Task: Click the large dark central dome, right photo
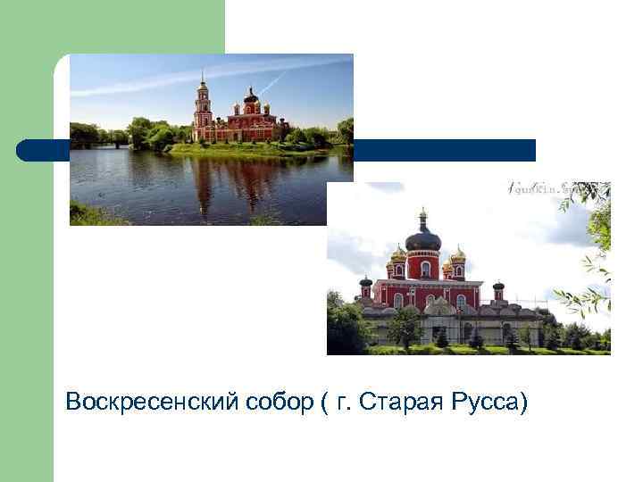[x=422, y=237]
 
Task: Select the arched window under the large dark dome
[x=426, y=268]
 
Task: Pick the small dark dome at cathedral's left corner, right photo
[x=365, y=283]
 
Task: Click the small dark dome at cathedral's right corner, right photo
[x=498, y=286]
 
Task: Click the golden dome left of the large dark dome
[x=398, y=253]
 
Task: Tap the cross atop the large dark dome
[x=422, y=214]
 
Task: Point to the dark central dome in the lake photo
[x=251, y=96]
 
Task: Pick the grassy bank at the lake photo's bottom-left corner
[x=85, y=216]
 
